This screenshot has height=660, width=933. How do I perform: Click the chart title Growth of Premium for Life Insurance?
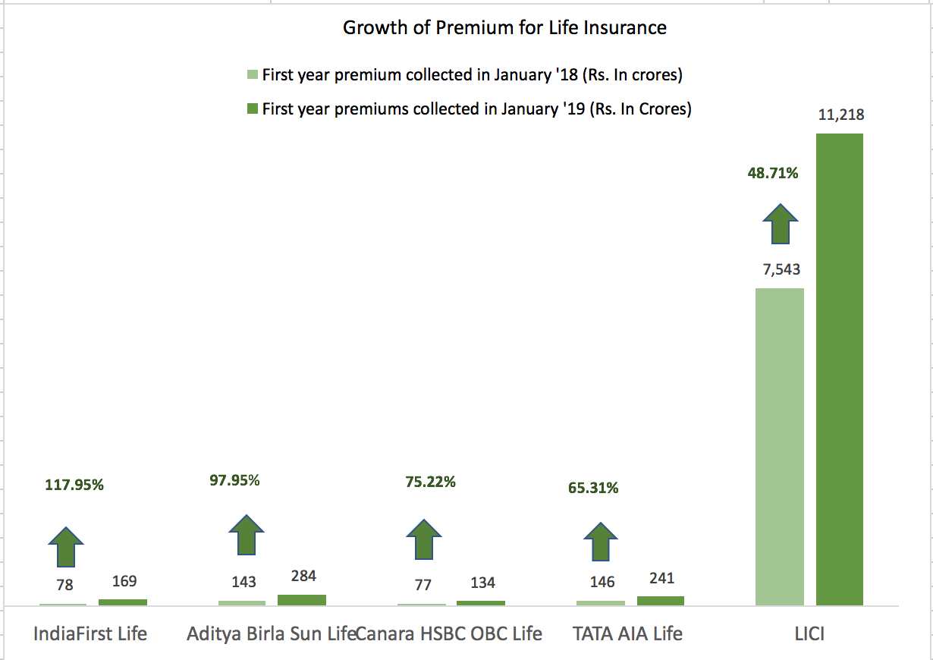tap(504, 28)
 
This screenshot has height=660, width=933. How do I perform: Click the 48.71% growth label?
tap(773, 173)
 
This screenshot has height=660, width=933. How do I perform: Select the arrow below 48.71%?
tap(781, 223)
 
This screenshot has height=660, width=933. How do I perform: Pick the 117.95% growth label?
tap(74, 485)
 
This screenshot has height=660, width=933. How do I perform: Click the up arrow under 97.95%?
tap(247, 534)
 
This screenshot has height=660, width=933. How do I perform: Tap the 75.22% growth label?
tap(430, 482)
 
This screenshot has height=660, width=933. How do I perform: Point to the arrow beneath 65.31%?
tap(602, 542)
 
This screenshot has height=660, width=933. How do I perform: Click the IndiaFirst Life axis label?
tap(90, 633)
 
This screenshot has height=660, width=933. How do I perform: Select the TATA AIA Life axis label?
tap(627, 633)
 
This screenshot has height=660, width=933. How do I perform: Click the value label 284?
tap(303, 577)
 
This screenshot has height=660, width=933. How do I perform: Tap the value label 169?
tap(124, 581)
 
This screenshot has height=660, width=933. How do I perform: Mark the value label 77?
tap(423, 584)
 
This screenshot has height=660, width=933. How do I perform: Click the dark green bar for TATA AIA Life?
tap(660, 600)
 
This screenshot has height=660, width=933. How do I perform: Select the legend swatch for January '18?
tap(253, 75)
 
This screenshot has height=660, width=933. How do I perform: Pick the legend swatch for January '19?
tap(253, 109)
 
